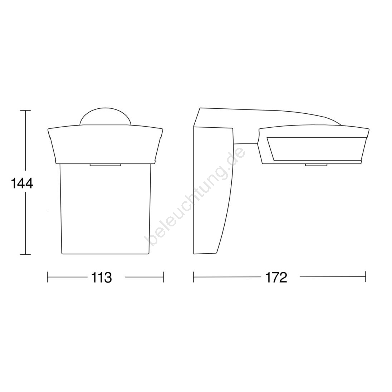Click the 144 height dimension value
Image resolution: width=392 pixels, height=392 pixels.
pyautogui.click(x=22, y=184)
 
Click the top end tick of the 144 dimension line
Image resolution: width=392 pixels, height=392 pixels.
pyautogui.click(x=25, y=110)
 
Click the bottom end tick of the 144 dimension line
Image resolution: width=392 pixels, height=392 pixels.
pyautogui.click(x=25, y=255)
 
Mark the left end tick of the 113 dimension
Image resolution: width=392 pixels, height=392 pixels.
pyautogui.click(x=48, y=277)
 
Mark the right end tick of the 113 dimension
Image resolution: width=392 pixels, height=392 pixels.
pyautogui.click(x=163, y=277)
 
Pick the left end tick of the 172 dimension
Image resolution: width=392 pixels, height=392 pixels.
pyautogui.click(x=193, y=277)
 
